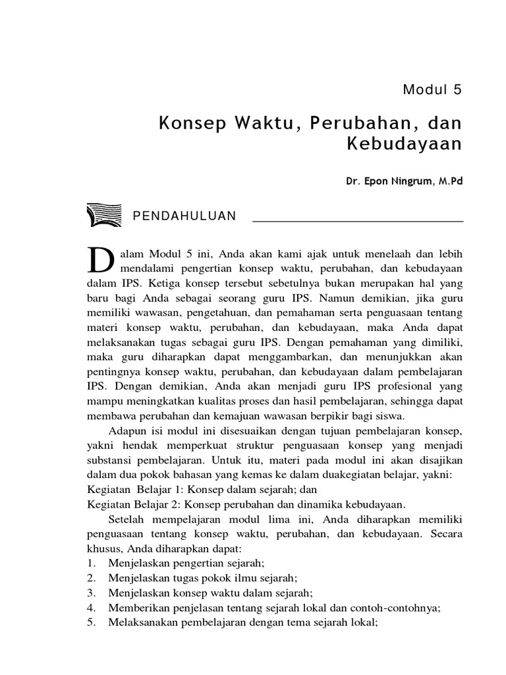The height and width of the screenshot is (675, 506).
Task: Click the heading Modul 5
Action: click(x=433, y=90)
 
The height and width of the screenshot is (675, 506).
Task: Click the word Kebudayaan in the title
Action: click(x=405, y=144)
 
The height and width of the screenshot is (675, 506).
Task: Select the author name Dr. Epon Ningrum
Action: click(x=389, y=181)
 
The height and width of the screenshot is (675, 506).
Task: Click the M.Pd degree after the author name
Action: click(x=449, y=181)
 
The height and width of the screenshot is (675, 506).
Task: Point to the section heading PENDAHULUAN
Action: click(x=184, y=216)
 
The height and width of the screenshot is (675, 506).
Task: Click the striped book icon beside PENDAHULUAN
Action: click(x=105, y=216)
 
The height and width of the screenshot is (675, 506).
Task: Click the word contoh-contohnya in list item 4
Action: click(x=403, y=607)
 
